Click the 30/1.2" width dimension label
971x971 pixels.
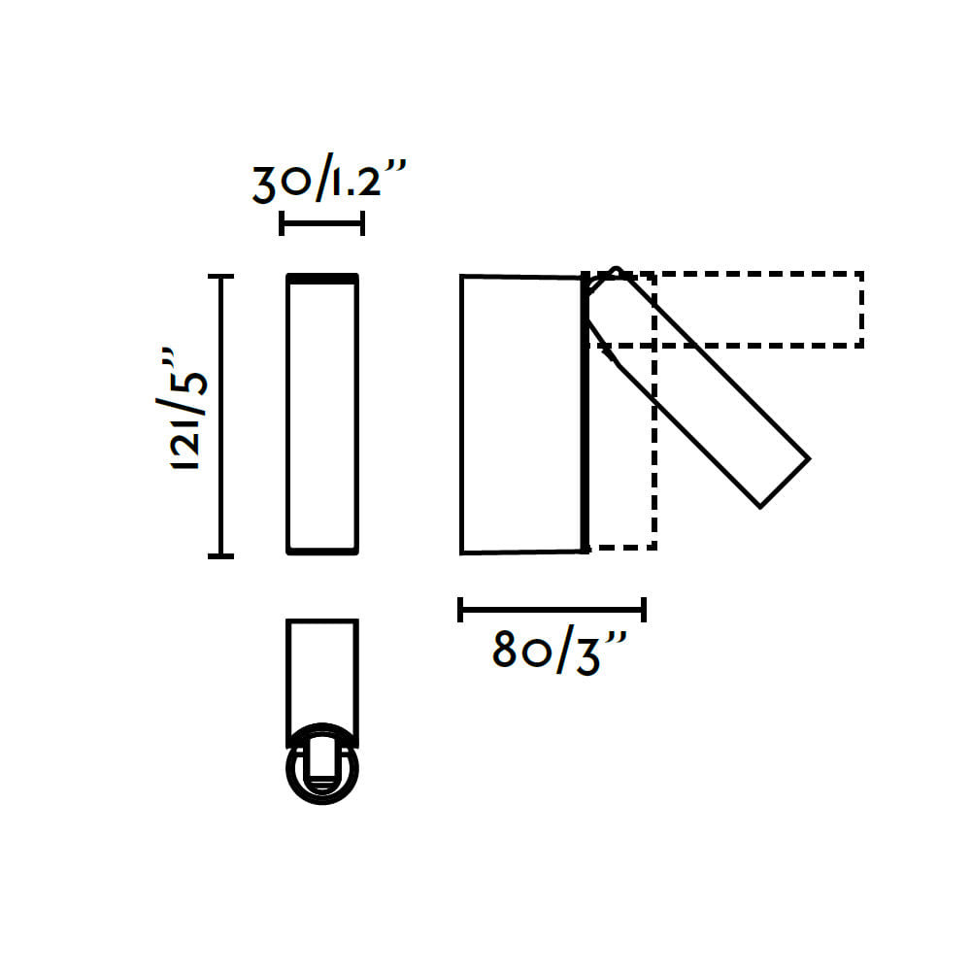pos(329,179)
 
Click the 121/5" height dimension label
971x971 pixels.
pos(182,409)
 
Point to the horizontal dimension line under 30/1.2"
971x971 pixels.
pos(322,223)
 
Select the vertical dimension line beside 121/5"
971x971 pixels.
pos(220,417)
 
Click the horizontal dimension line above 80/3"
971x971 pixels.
pos(552,610)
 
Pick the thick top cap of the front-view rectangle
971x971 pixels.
pos(322,279)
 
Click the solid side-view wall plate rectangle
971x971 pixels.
pos(524,414)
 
